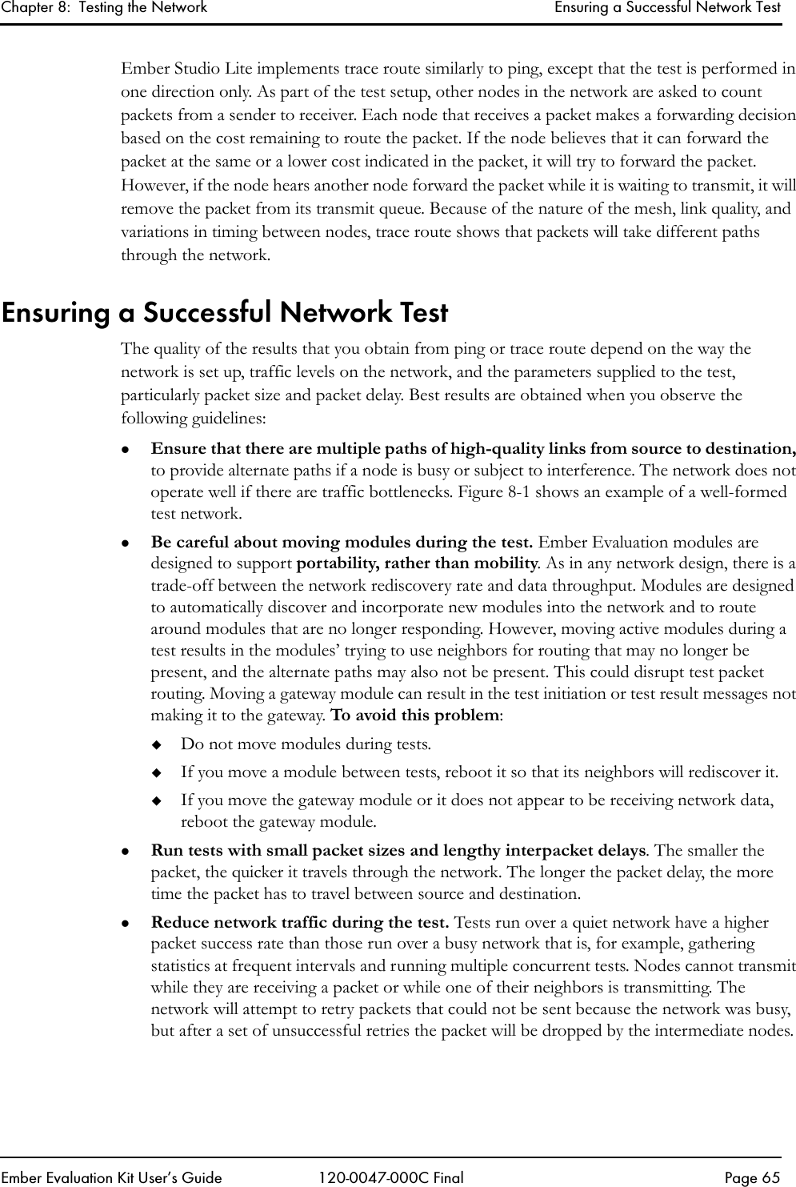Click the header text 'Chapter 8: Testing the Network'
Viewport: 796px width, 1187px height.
tap(104, 8)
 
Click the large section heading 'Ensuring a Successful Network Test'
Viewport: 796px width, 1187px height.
tap(225, 312)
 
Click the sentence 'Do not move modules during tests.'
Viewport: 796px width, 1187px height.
tap(306, 744)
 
